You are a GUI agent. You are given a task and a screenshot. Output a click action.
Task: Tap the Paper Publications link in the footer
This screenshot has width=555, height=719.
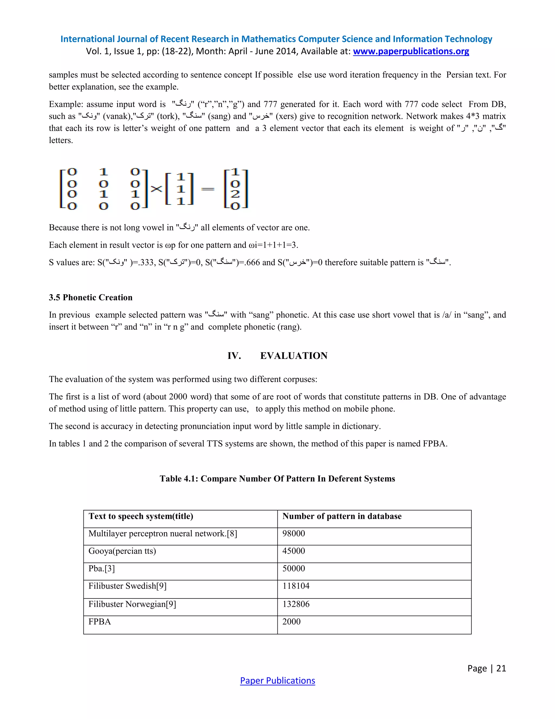277,680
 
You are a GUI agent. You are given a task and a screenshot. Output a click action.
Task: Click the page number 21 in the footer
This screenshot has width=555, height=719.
501,668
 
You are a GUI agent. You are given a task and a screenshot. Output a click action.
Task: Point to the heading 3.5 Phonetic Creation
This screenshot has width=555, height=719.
91,297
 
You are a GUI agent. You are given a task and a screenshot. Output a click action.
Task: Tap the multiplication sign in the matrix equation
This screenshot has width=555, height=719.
157,189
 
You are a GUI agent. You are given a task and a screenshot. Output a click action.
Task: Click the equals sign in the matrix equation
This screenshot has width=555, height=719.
208,189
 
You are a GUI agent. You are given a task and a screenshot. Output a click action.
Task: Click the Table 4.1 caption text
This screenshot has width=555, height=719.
277,478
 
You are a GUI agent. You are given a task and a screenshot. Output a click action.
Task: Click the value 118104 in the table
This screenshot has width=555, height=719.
296,586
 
